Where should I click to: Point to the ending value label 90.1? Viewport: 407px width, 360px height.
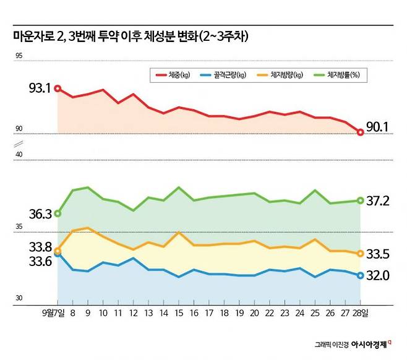coord(377,127)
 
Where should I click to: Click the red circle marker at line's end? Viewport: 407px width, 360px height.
coord(361,132)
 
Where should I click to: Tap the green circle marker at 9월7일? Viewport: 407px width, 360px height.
coord(58,213)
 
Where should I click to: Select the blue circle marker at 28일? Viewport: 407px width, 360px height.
coord(361,275)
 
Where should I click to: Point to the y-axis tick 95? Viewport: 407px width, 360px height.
coord(19,56)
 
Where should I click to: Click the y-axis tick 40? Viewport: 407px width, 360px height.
coord(19,155)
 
